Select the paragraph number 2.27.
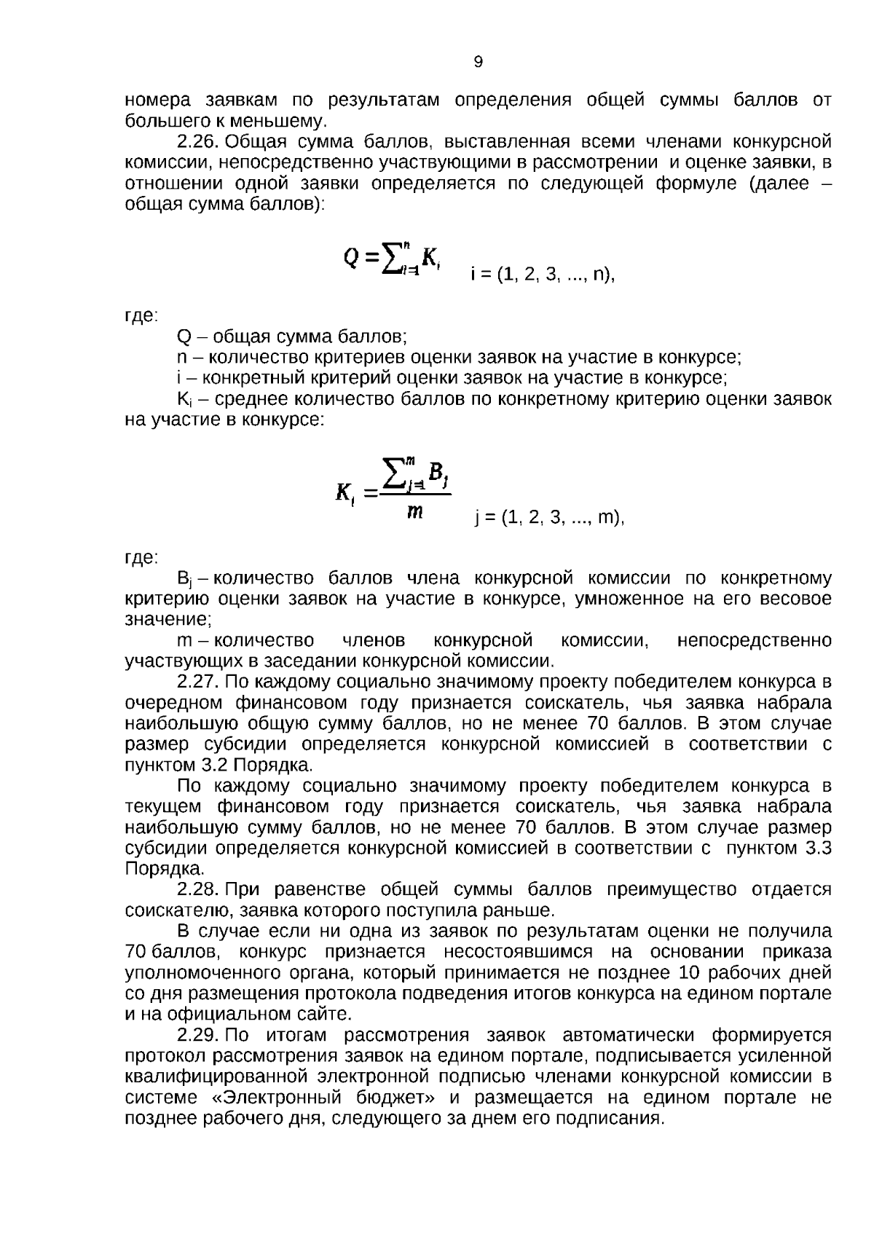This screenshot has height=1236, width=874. (x=198, y=682)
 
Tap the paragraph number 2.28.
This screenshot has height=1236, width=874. (x=198, y=890)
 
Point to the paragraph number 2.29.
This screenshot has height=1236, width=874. (x=198, y=1036)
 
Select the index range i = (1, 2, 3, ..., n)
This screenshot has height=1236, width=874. (x=542, y=275)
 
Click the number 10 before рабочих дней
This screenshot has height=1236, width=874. (x=691, y=973)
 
